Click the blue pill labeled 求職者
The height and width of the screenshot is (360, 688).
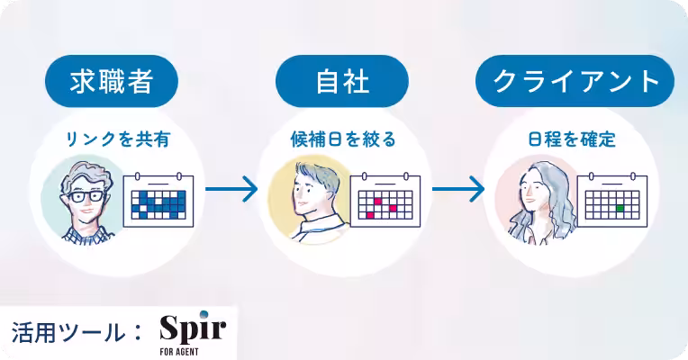click(112, 81)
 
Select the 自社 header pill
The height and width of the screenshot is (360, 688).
click(342, 81)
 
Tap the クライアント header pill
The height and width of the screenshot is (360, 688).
click(575, 81)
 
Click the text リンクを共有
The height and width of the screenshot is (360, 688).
click(118, 139)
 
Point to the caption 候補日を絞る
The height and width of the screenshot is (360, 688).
click(343, 139)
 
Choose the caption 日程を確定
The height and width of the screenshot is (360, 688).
click(572, 139)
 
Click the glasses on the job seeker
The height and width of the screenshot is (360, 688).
click(86, 196)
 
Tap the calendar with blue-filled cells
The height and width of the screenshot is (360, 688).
click(158, 200)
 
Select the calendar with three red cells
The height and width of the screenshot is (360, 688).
click(385, 200)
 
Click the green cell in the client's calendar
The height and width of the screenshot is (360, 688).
click(620, 208)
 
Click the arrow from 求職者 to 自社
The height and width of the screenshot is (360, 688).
click(231, 189)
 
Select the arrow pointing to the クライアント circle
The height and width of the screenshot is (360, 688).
click(458, 189)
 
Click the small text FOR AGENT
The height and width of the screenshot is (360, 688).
click(179, 352)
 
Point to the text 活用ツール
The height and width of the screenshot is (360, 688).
click(68, 333)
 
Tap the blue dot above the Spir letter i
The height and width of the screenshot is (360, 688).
click(204, 314)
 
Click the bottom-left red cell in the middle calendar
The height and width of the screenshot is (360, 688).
click(370, 215)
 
